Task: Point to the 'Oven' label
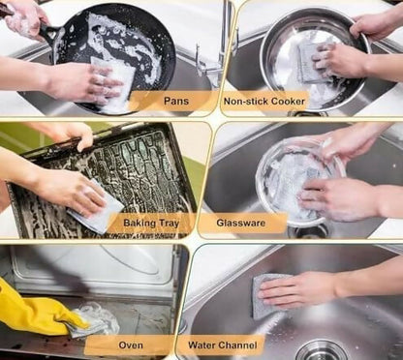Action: [130, 344]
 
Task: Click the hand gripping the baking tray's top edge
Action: [68, 135]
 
